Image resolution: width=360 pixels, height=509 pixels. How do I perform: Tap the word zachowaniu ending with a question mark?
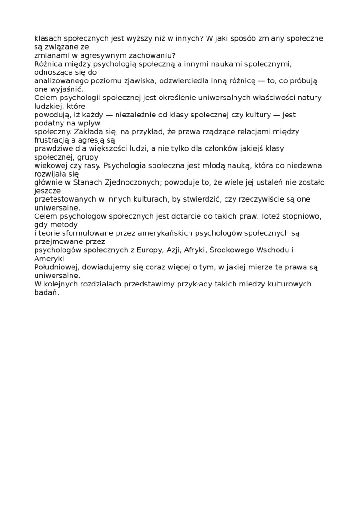pos(153,55)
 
